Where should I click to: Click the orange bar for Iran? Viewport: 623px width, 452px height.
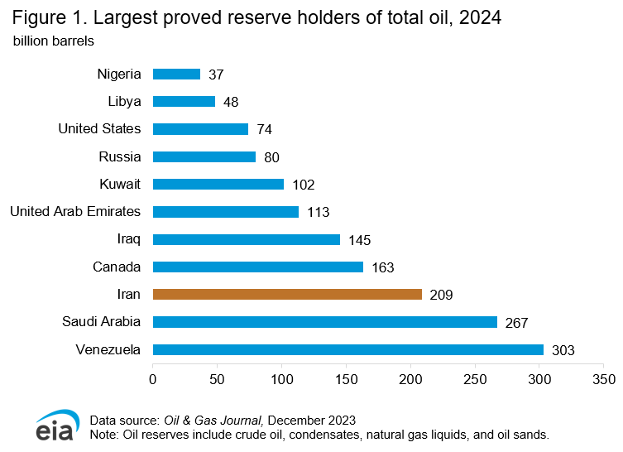(287, 294)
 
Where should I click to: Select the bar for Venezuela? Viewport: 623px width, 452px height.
(347, 349)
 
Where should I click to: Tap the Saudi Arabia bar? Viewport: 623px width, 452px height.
(324, 322)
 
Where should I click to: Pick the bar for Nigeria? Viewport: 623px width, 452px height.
(176, 74)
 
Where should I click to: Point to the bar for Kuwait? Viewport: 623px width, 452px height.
(218, 184)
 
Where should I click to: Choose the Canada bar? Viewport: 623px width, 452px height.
(258, 267)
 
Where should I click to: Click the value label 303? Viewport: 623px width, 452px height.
(563, 350)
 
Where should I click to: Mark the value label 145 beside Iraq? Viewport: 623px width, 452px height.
(359, 240)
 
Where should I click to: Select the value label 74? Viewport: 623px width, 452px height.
(264, 129)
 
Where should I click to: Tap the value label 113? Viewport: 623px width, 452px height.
(318, 212)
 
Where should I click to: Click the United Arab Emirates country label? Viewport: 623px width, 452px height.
(75, 211)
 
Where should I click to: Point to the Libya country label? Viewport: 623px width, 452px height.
(124, 101)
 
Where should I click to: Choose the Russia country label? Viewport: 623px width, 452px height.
(119, 156)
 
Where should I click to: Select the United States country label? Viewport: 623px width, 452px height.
(99, 128)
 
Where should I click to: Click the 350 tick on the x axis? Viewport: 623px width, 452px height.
(603, 379)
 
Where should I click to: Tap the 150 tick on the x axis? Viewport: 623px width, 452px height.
(346, 379)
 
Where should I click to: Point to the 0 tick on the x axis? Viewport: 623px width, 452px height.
(153, 379)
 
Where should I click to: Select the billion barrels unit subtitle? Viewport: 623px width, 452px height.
(53, 40)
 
